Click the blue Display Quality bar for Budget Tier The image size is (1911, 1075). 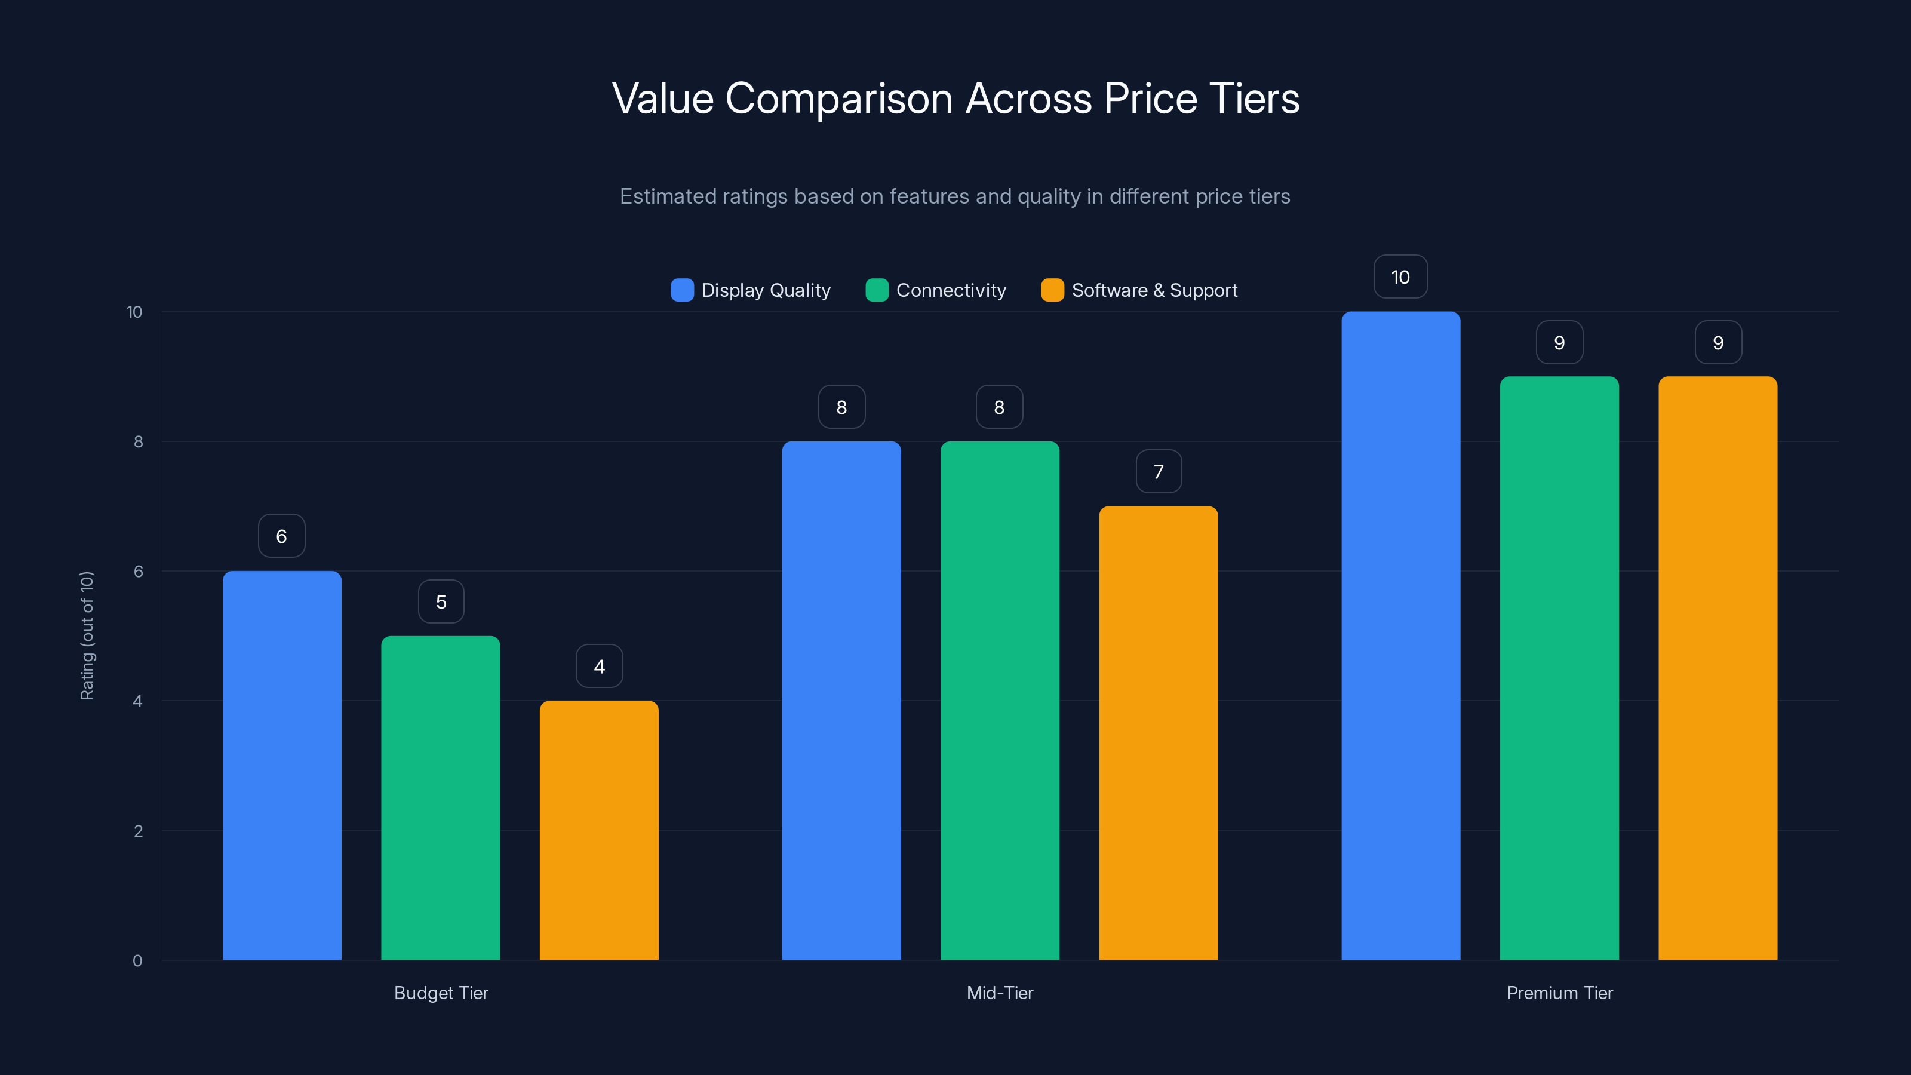pyautogui.click(x=282, y=764)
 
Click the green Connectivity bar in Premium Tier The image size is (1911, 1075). pyautogui.click(x=1559, y=668)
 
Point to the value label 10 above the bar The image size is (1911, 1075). pyautogui.click(x=1400, y=277)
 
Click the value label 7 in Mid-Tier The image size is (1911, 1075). pyautogui.click(x=1159, y=472)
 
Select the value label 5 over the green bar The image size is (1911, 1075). pyautogui.click(x=441, y=601)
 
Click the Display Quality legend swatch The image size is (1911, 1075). pyautogui.click(x=682, y=290)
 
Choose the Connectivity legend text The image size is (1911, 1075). pyautogui.click(x=951, y=290)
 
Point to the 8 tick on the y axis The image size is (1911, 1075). pyautogui.click(x=138, y=441)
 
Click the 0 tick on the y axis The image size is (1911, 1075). pyautogui.click(x=137, y=961)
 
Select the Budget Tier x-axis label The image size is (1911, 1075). pyautogui.click(x=441, y=993)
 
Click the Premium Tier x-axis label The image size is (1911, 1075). pyautogui.click(x=1559, y=993)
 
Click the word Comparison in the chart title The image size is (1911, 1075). pyautogui.click(x=838, y=99)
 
